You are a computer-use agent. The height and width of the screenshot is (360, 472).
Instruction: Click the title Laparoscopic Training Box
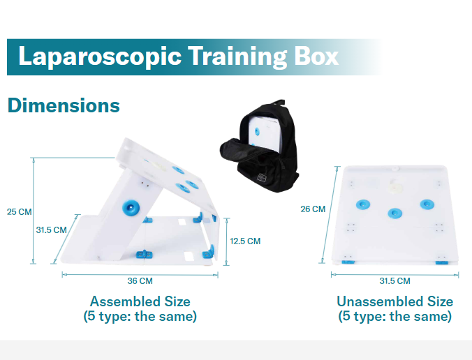pyautogui.click(x=178, y=56)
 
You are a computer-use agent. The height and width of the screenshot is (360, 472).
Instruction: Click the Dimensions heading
pyautogui.click(x=64, y=105)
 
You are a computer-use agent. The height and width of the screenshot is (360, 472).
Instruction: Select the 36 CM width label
pyautogui.click(x=140, y=280)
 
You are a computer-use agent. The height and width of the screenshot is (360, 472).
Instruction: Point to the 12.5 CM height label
pyautogui.click(x=245, y=241)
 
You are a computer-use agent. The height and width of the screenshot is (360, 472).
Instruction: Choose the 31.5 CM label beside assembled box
pyautogui.click(x=51, y=229)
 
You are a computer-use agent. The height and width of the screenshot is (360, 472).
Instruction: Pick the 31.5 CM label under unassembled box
pyautogui.click(x=394, y=280)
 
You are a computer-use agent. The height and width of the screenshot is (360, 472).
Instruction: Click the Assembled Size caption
pyautogui.click(x=140, y=301)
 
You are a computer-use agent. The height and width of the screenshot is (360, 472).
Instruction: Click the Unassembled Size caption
pyautogui.click(x=394, y=301)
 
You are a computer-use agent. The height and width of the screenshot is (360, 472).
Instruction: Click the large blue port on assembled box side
pyautogui.click(x=130, y=207)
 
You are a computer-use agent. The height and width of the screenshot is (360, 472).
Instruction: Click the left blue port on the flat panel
pyautogui.click(x=362, y=204)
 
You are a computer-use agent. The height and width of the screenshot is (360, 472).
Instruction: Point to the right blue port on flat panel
pyautogui.click(x=427, y=204)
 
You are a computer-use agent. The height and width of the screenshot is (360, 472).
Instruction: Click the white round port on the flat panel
pyautogui.click(x=394, y=187)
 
